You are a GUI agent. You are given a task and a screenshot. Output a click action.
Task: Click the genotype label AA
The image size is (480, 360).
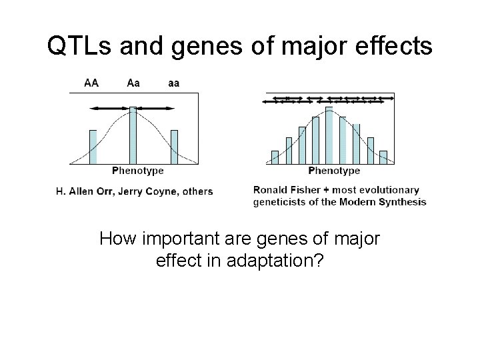92,83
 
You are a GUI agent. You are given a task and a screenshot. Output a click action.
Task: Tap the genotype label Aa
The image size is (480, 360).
133,83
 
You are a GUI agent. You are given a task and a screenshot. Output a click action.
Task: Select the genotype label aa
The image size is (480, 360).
173,83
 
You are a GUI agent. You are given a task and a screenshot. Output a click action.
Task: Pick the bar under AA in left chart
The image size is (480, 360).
93,147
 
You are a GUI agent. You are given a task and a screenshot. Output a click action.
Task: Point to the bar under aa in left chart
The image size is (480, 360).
174,147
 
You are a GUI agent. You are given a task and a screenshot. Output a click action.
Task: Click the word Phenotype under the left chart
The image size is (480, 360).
137,171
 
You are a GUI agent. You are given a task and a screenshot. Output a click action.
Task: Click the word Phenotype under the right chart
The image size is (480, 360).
334,171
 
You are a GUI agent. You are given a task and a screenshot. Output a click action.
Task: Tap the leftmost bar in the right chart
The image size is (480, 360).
275,157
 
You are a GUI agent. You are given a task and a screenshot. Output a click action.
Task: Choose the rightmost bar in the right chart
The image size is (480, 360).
383,157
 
